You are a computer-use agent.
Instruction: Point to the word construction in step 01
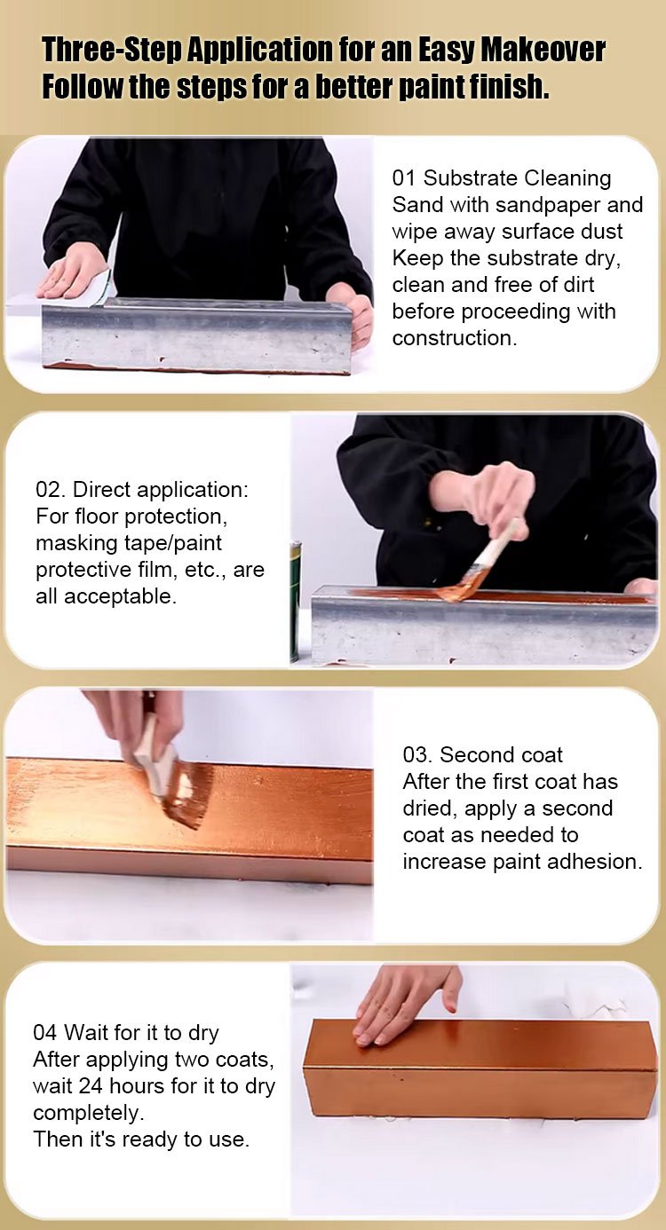(x=455, y=338)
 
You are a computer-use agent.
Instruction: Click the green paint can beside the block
(x=295, y=602)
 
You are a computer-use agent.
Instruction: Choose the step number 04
(x=44, y=1033)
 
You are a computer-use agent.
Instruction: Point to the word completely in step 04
(x=89, y=1114)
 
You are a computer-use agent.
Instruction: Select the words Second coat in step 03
(x=501, y=755)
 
